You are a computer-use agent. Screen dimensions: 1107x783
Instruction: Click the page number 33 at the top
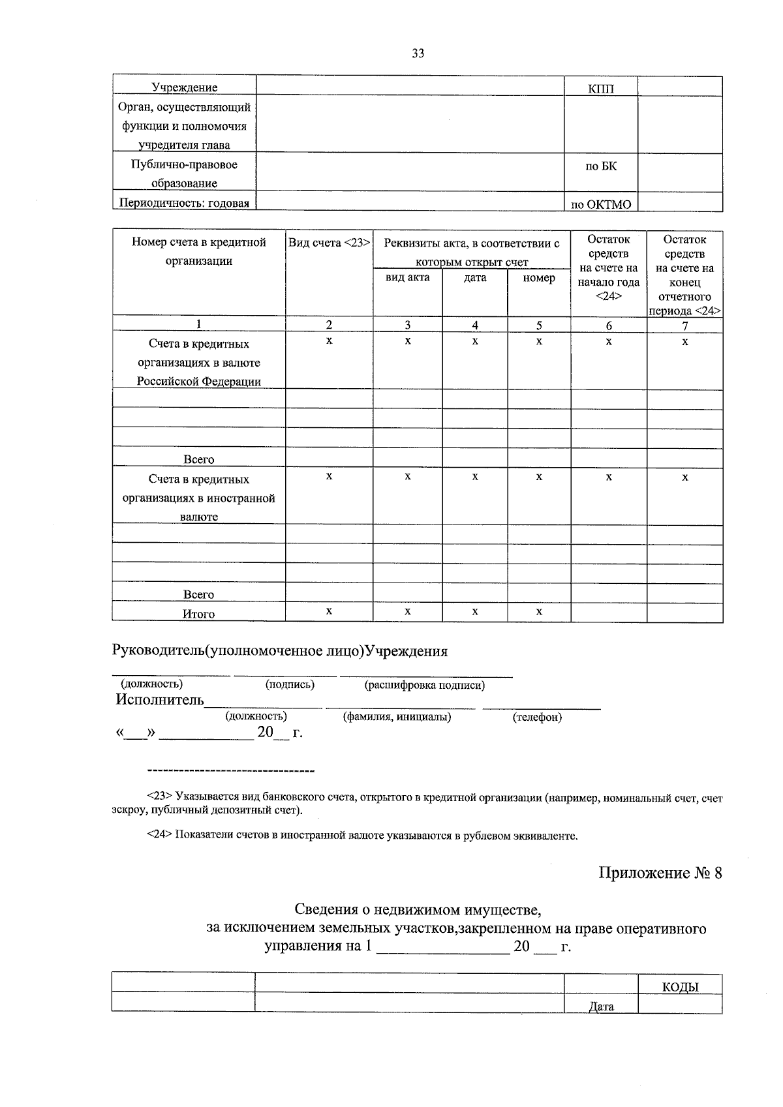pyautogui.click(x=418, y=53)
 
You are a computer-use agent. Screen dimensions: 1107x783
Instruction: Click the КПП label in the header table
pyautogui.click(x=600, y=89)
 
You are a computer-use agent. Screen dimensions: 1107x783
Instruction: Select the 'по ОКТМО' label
pyautogui.click(x=600, y=204)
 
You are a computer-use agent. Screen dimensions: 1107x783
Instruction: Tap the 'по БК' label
pyautogui.click(x=600, y=166)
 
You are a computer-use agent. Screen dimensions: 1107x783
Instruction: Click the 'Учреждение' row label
pyautogui.click(x=185, y=87)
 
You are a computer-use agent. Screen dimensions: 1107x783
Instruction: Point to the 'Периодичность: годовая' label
pyautogui.click(x=184, y=203)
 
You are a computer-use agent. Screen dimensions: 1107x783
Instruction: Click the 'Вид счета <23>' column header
pyautogui.click(x=330, y=243)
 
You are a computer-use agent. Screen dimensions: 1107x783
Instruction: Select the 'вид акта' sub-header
pyautogui.click(x=407, y=277)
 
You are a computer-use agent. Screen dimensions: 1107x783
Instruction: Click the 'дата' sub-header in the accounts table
pyautogui.click(x=475, y=277)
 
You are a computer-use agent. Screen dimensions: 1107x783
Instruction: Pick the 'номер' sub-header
pyautogui.click(x=539, y=277)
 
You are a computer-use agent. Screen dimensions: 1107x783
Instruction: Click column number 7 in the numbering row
pyautogui.click(x=684, y=325)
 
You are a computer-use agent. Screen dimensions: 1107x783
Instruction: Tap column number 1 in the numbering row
pyautogui.click(x=199, y=324)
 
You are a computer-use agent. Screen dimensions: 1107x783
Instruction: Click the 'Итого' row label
pyautogui.click(x=199, y=614)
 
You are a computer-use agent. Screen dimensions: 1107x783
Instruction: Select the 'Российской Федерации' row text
pyautogui.click(x=199, y=382)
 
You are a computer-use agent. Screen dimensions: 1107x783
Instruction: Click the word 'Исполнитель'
pyautogui.click(x=160, y=700)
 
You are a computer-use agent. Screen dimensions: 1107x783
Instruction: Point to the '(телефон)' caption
pyautogui.click(x=537, y=717)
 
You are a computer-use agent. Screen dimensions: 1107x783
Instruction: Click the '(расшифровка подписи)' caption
pyautogui.click(x=425, y=685)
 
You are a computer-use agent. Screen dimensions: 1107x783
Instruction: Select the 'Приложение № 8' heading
pyautogui.click(x=660, y=873)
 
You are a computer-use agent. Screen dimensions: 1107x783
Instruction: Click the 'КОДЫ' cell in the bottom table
pyautogui.click(x=680, y=987)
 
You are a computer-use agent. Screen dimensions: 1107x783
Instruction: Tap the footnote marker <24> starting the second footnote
pyautogui.click(x=159, y=835)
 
